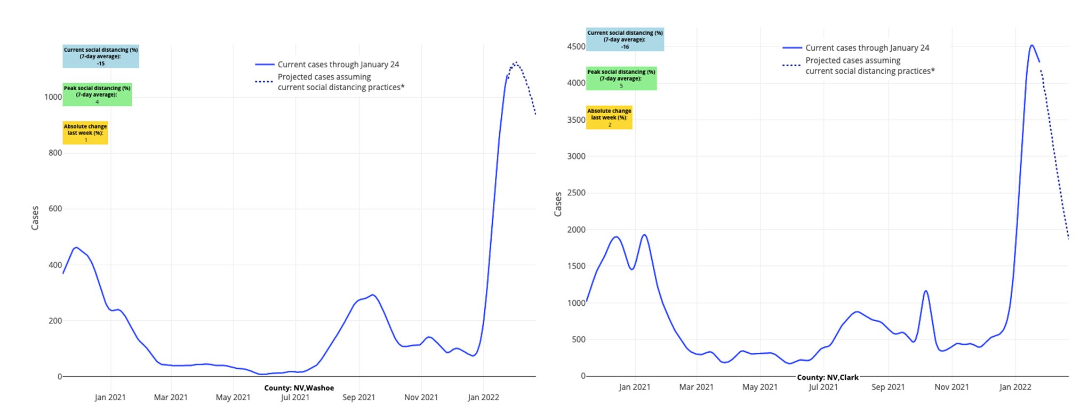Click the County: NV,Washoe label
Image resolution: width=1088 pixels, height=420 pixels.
pos(299,388)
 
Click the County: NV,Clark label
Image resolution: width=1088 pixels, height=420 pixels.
pos(828,377)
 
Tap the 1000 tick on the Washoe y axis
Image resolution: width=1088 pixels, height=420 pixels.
pos(53,97)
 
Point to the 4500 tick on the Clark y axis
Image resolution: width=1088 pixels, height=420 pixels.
pos(576,46)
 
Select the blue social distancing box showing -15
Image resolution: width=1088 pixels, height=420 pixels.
pos(101,57)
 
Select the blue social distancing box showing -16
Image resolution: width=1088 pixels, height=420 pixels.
pos(625,39)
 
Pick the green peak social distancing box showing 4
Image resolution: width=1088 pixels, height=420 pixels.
pos(97,94)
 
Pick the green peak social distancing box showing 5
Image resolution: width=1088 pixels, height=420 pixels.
pos(621,78)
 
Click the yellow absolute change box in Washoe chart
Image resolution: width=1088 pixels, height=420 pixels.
pos(85,133)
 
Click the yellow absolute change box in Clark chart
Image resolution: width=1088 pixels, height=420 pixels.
pos(609,117)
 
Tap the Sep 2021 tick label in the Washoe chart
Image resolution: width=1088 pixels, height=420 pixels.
pos(358,398)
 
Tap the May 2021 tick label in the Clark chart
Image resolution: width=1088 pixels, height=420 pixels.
pos(759,387)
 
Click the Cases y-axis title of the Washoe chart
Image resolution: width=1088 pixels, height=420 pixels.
pos(35,218)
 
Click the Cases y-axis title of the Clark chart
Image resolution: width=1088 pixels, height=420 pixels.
pos(558,204)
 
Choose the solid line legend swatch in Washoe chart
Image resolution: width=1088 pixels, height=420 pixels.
pos(265,65)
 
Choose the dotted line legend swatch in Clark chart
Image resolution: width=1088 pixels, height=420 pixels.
pos(791,65)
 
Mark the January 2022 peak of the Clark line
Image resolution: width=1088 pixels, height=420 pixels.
pos(1032,45)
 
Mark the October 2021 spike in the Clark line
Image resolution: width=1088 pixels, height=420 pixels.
pos(926,291)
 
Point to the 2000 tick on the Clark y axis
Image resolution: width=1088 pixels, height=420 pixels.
pos(576,229)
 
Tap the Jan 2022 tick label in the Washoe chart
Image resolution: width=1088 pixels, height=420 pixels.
pos(483,398)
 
